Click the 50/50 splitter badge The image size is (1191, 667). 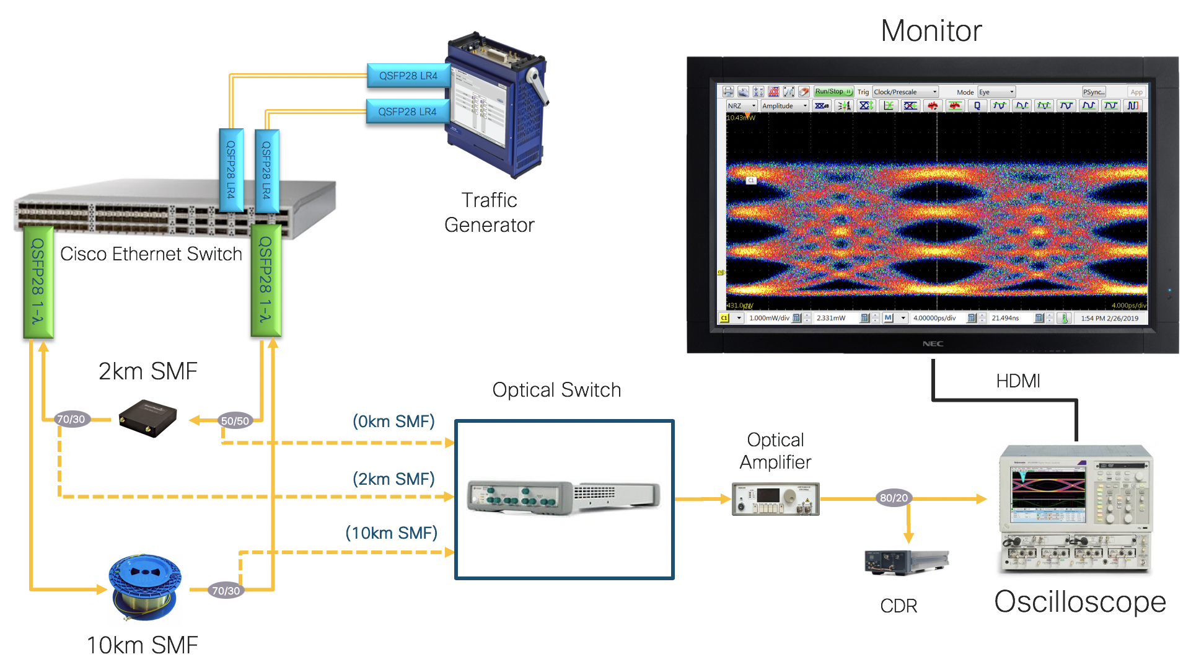coord(235,421)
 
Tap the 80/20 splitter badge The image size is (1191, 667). coord(894,498)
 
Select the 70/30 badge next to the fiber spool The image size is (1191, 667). coord(226,591)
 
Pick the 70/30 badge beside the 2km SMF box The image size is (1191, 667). coord(71,419)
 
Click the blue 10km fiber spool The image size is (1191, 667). coord(145,586)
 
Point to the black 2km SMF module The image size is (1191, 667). coord(148,418)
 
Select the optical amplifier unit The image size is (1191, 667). coord(775,499)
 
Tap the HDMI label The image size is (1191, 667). coord(1017,381)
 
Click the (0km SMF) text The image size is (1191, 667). coord(393,422)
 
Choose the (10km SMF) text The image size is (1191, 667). coord(391,533)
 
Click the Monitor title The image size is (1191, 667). coord(931,31)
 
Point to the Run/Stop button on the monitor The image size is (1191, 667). coord(833,92)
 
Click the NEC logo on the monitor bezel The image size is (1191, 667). coord(933,344)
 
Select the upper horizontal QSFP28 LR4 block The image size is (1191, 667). coord(408,76)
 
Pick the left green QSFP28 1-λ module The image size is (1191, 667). coord(38,282)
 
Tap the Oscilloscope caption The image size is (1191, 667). coord(1079,602)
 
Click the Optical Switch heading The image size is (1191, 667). coord(556,390)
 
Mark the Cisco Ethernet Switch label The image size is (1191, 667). coord(151,254)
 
